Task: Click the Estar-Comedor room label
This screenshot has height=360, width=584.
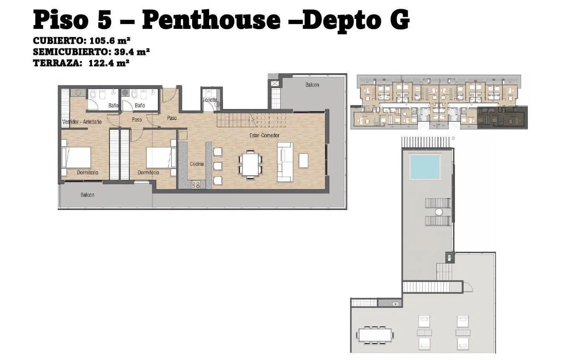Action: pyautogui.click(x=264, y=135)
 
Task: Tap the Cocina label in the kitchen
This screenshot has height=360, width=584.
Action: pyautogui.click(x=197, y=164)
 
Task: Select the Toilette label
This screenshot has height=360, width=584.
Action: pyautogui.click(x=210, y=100)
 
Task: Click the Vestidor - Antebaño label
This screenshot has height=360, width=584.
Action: pyautogui.click(x=82, y=122)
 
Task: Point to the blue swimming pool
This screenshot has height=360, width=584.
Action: pyautogui.click(x=425, y=167)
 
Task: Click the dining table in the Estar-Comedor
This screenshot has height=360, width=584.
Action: pyautogui.click(x=250, y=164)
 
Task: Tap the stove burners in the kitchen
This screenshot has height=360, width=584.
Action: pyautogui.click(x=195, y=185)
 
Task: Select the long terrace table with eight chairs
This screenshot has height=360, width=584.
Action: pyautogui.click(x=375, y=335)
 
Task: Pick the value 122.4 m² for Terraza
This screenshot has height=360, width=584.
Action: pyautogui.click(x=109, y=63)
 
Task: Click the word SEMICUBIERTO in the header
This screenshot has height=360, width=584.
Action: pyautogui.click(x=70, y=52)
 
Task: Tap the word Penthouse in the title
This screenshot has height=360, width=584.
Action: pyautogui.click(x=211, y=20)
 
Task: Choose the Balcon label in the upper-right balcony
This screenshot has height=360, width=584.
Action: pyautogui.click(x=312, y=85)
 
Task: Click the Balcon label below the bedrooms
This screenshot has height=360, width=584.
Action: pyautogui.click(x=87, y=195)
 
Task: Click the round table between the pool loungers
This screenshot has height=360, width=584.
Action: pyautogui.click(x=439, y=212)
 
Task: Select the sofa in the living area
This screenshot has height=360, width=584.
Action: pyautogui.click(x=285, y=162)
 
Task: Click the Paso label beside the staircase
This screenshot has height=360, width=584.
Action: pyautogui.click(x=171, y=118)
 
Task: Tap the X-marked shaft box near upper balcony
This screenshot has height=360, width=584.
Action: pyautogui.click(x=275, y=84)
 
